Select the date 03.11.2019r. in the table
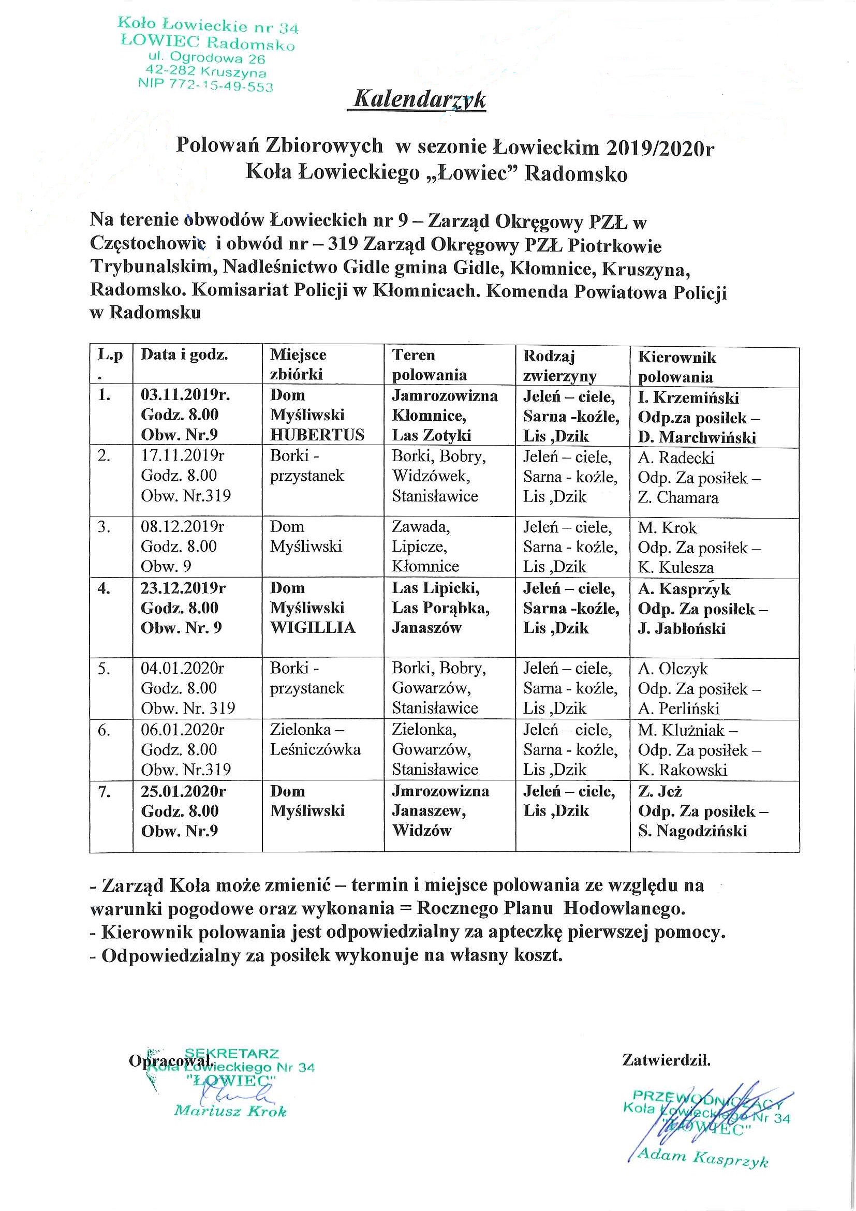click(185, 395)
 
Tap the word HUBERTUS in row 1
click(317, 435)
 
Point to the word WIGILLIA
click(313, 628)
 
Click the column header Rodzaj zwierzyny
click(559, 365)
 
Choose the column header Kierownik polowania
click(677, 366)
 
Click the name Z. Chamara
click(678, 497)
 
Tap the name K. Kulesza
click(675, 568)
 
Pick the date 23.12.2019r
click(183, 588)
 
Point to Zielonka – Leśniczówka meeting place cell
click(315, 740)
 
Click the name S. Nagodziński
click(692, 831)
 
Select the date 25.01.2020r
click(183, 791)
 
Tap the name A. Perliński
click(678, 708)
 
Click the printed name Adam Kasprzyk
click(702, 1158)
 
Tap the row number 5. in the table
click(104, 669)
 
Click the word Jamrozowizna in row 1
click(445, 395)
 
